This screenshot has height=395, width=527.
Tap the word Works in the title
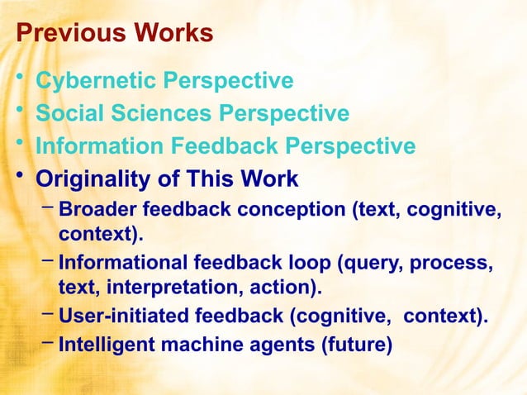pyautogui.click(x=170, y=34)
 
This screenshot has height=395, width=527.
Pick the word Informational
pyautogui.click(x=124, y=264)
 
